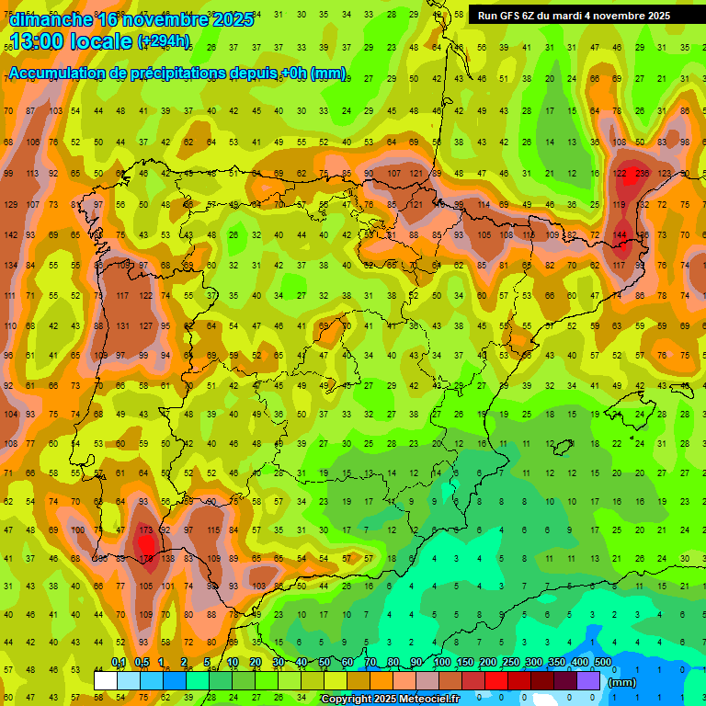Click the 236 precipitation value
[642, 174]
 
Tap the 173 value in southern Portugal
[144, 530]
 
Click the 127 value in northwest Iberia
[144, 325]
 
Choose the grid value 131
[122, 325]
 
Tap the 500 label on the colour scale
[603, 662]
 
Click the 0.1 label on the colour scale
[119, 662]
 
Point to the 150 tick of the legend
[465, 662]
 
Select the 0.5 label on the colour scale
[142, 662]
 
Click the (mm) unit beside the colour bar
[622, 682]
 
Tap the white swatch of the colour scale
[106, 680]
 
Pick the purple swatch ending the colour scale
[588, 680]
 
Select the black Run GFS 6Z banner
[574, 16]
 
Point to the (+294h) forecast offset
[164, 41]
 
